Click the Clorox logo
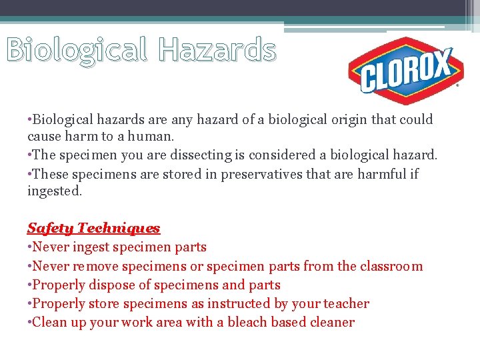[x=405, y=70]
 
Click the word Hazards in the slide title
[x=217, y=50]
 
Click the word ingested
[x=54, y=191]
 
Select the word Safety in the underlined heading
[x=50, y=228]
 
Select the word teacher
[x=346, y=303]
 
